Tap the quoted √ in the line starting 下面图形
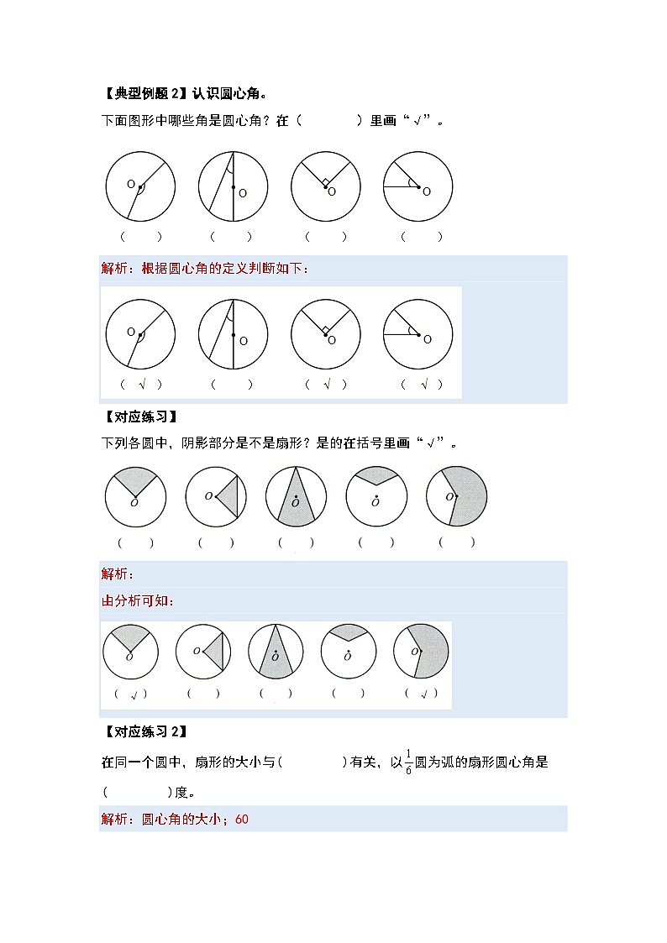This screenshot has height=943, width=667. point(413,121)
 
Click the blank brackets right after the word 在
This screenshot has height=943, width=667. point(330,121)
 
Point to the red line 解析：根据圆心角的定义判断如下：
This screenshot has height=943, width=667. point(205,269)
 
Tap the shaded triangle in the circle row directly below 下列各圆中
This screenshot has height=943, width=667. point(231,498)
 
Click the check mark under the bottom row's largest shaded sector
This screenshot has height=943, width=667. point(423,694)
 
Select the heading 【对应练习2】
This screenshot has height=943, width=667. point(143,731)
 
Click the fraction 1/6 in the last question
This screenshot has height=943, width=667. point(408,762)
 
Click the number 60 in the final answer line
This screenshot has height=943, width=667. point(243,820)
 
